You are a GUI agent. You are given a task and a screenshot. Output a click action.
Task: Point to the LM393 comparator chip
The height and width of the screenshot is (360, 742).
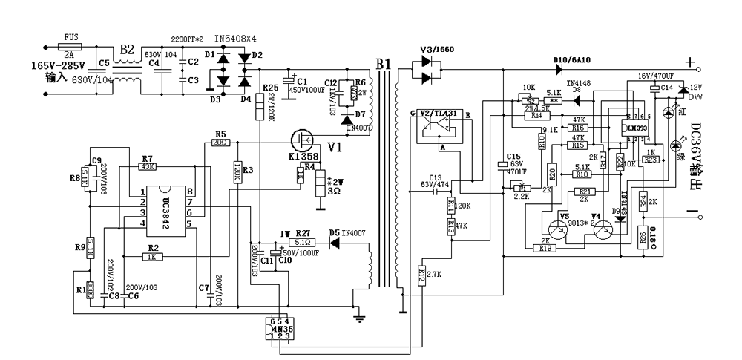(x=636, y=128)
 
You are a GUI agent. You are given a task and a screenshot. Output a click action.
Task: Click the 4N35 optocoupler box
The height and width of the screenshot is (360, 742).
(x=278, y=328)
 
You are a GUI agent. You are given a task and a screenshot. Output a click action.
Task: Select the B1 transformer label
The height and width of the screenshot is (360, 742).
(x=383, y=65)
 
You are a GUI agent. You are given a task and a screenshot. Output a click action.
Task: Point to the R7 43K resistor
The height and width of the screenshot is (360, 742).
(x=147, y=167)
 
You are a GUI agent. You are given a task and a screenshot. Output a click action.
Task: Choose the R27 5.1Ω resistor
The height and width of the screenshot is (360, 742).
(x=303, y=241)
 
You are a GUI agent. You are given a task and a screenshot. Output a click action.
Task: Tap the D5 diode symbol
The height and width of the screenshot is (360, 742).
(x=335, y=241)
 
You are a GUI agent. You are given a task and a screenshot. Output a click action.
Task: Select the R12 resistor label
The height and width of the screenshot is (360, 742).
(x=421, y=277)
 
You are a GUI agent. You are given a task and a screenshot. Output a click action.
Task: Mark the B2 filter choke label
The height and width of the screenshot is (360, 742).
(x=127, y=50)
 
